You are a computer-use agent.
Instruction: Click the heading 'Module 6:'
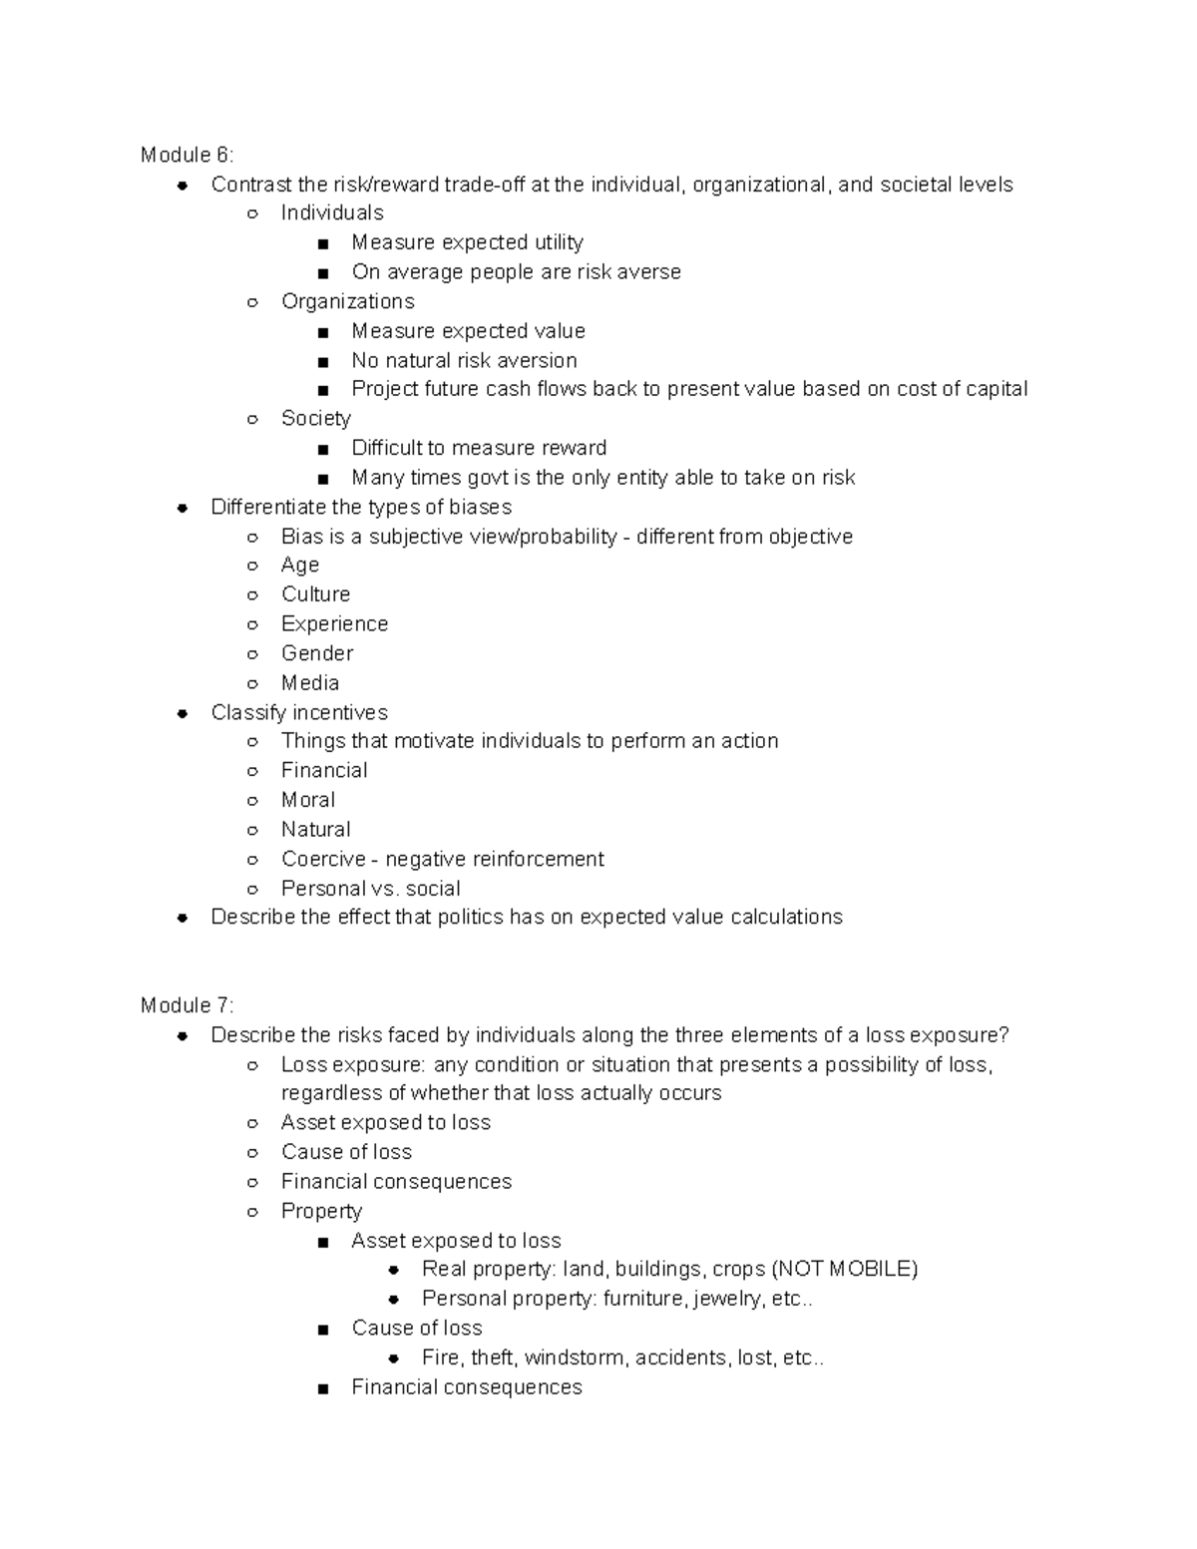[187, 155]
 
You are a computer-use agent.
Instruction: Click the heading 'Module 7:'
[187, 1005]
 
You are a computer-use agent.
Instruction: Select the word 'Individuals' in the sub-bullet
[332, 212]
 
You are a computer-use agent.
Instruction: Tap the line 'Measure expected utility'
[467, 242]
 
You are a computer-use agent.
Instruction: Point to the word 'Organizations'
[347, 301]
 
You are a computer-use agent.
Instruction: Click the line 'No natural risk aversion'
[464, 360]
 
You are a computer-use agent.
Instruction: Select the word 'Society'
[315, 418]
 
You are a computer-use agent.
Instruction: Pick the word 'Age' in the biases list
[299, 565]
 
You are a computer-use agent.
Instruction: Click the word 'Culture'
[315, 594]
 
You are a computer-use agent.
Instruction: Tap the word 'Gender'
[317, 653]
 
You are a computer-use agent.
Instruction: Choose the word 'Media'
[310, 683]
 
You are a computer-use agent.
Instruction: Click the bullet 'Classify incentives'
[299, 712]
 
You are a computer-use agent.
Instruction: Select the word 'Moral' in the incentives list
[308, 800]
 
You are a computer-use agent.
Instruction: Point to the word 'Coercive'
[323, 859]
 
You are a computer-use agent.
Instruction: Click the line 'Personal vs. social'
[370, 888]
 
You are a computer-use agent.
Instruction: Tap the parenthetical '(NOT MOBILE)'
[844, 1269]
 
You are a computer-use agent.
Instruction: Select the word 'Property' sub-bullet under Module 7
[321, 1211]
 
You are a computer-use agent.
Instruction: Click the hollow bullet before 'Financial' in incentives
[253, 771]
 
